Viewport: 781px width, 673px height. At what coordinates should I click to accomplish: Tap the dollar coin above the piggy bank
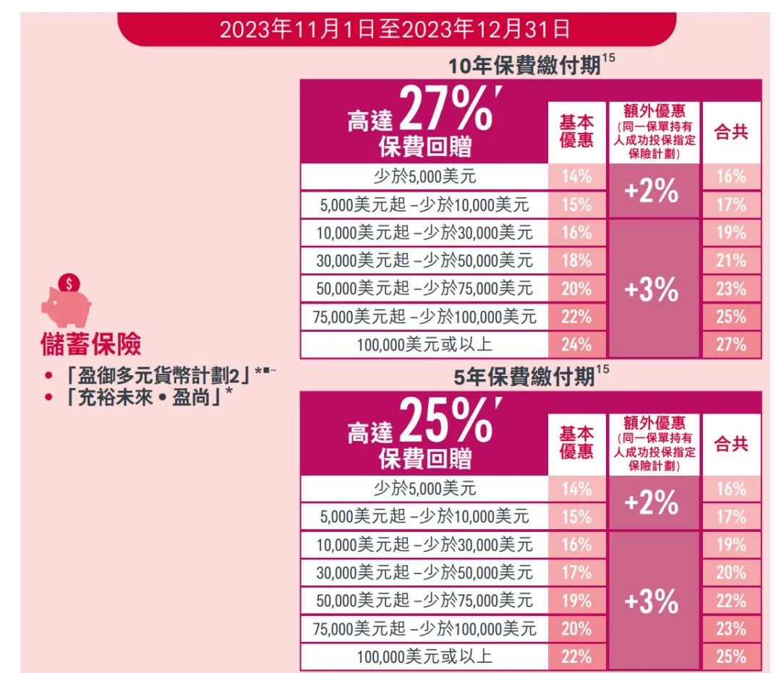click(69, 283)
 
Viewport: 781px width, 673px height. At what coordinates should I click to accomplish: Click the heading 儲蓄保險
click(91, 345)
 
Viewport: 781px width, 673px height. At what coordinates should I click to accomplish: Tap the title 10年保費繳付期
click(524, 67)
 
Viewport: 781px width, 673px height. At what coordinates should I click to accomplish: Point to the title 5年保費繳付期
click(524, 377)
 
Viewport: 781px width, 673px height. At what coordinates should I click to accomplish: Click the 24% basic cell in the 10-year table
click(576, 345)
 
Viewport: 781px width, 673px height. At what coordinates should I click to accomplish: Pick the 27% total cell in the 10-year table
click(731, 345)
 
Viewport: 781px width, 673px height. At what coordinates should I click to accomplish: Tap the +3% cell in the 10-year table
click(654, 289)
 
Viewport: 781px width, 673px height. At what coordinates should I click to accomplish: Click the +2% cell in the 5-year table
click(654, 502)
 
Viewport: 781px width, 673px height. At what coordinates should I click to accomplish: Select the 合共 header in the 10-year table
click(731, 133)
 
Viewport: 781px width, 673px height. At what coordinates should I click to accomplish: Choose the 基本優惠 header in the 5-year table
click(576, 442)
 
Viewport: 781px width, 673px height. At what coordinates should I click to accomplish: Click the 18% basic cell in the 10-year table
click(576, 260)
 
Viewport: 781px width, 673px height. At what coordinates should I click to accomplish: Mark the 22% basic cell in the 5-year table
click(576, 656)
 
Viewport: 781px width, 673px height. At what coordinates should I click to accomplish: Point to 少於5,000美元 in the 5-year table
click(424, 489)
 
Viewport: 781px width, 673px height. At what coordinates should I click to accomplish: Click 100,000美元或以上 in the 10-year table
click(424, 345)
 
